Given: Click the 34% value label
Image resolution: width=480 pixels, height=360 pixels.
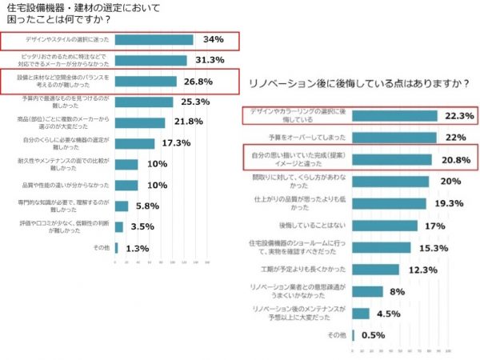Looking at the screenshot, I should click(x=213, y=39).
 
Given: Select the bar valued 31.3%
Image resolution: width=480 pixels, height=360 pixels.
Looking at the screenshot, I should click(x=151, y=60).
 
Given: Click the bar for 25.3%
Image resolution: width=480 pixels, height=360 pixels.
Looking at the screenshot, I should click(x=145, y=102).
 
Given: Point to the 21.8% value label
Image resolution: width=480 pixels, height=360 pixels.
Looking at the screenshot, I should click(x=190, y=122).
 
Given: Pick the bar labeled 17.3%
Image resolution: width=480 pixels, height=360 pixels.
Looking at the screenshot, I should click(x=135, y=143).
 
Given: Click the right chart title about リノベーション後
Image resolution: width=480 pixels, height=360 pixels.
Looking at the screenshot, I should click(x=359, y=83).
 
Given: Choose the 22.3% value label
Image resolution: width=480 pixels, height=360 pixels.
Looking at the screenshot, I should click(x=458, y=116).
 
